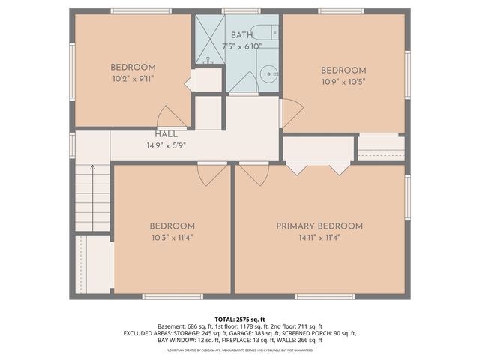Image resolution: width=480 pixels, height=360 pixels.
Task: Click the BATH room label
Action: click(x=242, y=35)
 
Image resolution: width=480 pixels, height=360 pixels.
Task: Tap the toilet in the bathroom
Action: click(x=264, y=32)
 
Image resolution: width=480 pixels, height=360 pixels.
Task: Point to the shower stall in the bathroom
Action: click(x=209, y=38)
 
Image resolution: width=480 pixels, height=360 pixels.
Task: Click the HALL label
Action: click(x=166, y=134)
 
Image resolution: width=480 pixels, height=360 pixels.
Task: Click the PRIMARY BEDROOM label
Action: click(x=319, y=226)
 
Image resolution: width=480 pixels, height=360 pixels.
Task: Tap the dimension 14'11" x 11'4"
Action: click(x=319, y=238)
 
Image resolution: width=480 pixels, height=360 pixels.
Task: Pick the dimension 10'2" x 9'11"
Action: click(x=133, y=78)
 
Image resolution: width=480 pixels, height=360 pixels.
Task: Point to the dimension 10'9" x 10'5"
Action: click(x=343, y=82)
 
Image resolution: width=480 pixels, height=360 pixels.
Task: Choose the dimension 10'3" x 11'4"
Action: click(x=172, y=238)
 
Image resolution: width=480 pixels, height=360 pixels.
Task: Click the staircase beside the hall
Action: click(x=93, y=199)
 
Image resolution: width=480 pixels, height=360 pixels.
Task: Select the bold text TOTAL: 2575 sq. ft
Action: click(x=239, y=319)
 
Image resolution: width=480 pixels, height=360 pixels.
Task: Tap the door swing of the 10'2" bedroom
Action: click(x=171, y=117)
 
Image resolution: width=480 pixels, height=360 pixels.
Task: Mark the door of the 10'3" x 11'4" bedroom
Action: click(x=211, y=173)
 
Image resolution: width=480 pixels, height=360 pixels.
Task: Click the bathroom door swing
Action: click(x=243, y=85)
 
